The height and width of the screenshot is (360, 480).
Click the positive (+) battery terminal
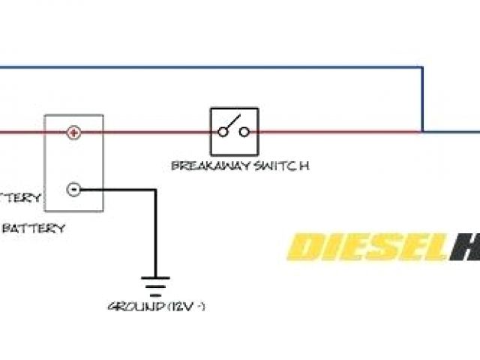point(73,133)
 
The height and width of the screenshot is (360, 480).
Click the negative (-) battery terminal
point(73,189)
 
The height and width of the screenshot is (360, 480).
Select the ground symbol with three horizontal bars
point(155,285)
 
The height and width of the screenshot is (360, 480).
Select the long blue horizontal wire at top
point(210,67)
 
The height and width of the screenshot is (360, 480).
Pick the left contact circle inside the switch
point(223,132)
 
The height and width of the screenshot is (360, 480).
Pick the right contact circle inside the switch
point(244,132)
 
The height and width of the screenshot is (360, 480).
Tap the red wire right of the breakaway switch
point(337,133)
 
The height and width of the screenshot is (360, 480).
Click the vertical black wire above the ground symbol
point(155,232)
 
